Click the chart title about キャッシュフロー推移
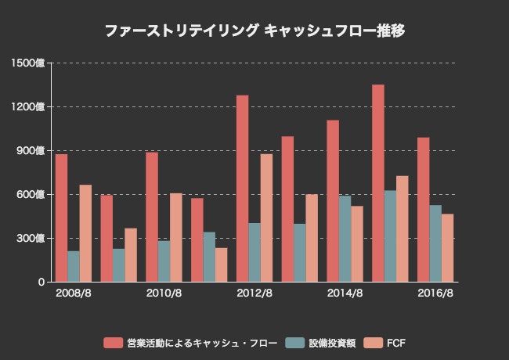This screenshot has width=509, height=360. tap(254, 31)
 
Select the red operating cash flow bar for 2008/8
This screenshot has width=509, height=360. tap(61, 218)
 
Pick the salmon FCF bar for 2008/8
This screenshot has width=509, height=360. tap(85, 233)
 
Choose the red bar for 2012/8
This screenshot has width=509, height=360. tap(242, 189)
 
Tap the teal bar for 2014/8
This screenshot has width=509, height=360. tap(345, 239)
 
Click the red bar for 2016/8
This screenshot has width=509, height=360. tap(423, 210)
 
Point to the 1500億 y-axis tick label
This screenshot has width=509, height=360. tap(29, 63)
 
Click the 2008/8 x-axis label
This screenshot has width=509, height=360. tap(74, 293)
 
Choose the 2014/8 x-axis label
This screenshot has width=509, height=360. tap(345, 293)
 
